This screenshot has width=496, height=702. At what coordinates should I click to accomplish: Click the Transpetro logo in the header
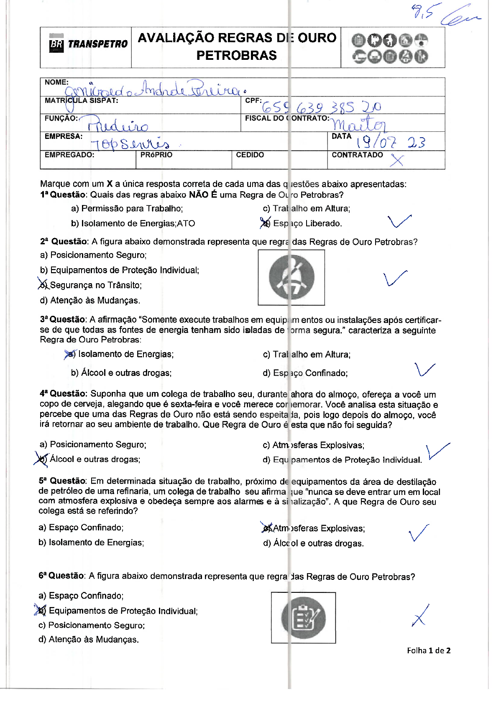[88, 44]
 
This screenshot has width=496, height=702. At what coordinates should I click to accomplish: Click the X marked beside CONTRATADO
[396, 160]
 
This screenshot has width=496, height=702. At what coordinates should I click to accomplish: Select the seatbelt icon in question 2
[291, 277]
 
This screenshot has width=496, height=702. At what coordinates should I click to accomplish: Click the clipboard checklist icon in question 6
[303, 617]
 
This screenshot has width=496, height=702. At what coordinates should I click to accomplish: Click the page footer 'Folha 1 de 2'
[428, 651]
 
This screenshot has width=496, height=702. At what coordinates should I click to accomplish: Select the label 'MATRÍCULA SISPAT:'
[81, 101]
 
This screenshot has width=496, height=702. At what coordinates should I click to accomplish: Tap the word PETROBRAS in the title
[236, 55]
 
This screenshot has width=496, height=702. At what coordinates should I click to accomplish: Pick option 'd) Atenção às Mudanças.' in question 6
[88, 639]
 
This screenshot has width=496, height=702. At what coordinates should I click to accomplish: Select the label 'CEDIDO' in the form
[250, 155]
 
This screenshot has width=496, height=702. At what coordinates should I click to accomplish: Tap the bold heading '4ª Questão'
[63, 394]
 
